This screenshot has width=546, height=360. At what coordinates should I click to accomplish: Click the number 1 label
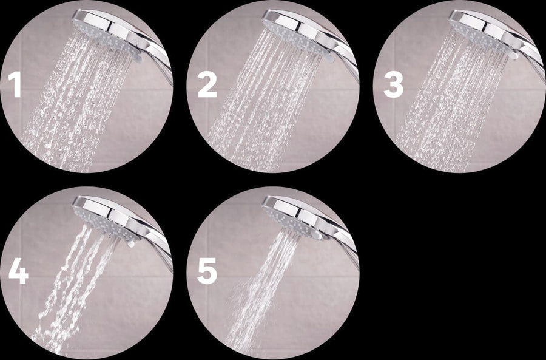coord(15,86)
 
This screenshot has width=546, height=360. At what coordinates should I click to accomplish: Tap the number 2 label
coord(207,86)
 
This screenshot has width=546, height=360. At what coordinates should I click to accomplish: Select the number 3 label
coord(393,86)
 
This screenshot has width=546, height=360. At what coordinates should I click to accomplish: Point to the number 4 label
coord(18,271)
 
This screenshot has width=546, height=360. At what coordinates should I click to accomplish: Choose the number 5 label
coord(207,273)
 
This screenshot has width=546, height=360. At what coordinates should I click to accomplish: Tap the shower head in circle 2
coord(297,30)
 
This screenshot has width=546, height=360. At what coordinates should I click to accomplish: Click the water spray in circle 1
coord(73,109)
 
